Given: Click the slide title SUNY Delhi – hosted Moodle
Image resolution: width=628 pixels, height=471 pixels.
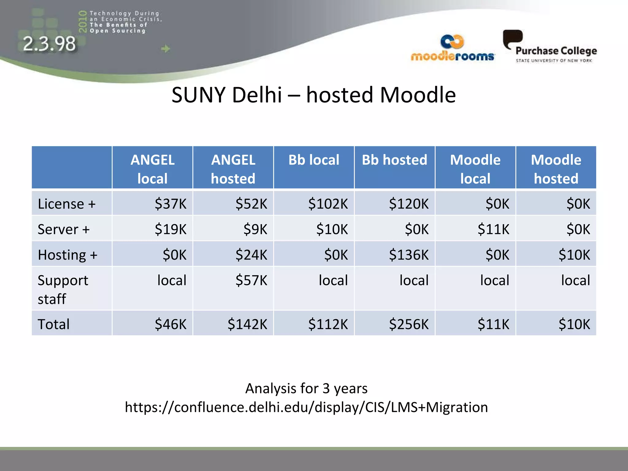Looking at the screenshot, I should (313, 95).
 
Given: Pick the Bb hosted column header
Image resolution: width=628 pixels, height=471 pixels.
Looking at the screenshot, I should (394, 160).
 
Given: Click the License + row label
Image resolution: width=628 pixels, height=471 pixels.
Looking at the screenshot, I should (67, 204).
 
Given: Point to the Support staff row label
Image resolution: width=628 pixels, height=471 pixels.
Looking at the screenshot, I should (63, 289).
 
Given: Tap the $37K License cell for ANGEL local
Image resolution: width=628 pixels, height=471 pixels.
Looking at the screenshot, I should (170, 204).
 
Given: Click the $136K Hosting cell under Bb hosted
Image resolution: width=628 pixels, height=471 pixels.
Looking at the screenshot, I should (408, 255).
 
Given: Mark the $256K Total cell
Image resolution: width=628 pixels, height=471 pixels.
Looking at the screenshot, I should (408, 324).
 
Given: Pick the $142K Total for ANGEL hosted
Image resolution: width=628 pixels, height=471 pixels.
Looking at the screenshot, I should (247, 324).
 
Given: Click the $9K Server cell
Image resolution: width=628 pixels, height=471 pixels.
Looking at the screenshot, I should (255, 229).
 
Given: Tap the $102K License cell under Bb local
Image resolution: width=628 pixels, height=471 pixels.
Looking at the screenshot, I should (328, 204).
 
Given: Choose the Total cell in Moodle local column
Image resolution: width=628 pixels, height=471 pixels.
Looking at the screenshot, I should (493, 324).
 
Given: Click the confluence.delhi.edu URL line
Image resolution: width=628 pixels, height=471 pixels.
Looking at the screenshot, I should (306, 407).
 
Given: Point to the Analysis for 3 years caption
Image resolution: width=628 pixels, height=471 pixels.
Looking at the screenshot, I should (306, 389).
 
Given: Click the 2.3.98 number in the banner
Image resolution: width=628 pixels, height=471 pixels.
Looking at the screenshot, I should (49, 44).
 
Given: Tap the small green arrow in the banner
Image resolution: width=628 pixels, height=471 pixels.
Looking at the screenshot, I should (166, 48).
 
